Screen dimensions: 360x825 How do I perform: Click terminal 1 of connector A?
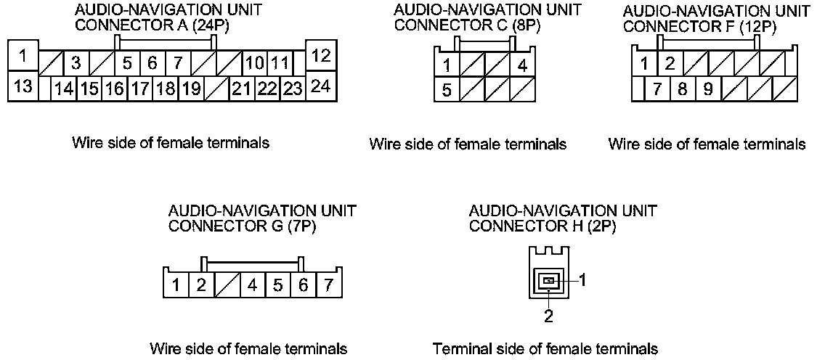click(24, 54)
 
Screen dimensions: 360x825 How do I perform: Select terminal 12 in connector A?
click(321, 54)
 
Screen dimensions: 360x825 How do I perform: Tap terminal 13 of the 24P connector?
click(24, 86)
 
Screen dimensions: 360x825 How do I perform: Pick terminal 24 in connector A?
click(321, 86)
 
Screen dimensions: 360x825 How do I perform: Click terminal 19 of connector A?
click(191, 89)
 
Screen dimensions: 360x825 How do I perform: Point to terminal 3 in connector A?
click(75, 63)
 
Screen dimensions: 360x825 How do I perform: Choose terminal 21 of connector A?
click(240, 89)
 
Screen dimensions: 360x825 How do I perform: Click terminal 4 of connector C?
click(522, 65)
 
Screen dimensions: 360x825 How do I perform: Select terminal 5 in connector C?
click(447, 91)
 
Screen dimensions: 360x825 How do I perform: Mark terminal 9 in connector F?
click(707, 90)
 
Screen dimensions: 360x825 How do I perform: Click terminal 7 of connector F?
click(658, 90)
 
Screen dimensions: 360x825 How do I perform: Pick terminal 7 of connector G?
click(329, 284)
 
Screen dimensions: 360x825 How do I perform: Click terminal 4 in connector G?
click(252, 284)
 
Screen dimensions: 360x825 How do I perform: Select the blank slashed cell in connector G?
click(227, 284)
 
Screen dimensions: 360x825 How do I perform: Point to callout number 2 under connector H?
click(549, 316)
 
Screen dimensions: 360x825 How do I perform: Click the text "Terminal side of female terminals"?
click(545, 349)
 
